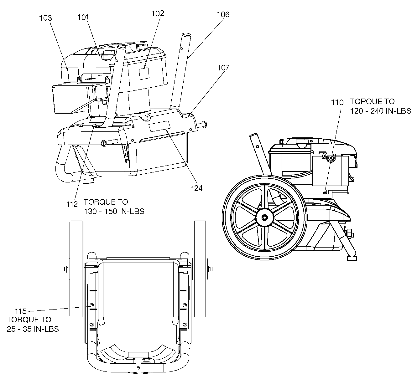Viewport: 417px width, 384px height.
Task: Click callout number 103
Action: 45,18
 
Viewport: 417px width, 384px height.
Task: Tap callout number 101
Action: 83,17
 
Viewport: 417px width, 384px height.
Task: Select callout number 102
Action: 158,13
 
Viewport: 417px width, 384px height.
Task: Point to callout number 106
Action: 223,14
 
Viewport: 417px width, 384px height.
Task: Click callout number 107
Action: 223,68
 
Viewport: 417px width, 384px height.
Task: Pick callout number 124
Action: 196,188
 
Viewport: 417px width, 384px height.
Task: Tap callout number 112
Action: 72,204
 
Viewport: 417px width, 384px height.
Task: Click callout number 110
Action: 337,103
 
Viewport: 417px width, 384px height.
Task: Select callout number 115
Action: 21,311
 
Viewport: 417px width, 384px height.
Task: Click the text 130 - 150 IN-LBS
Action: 114,211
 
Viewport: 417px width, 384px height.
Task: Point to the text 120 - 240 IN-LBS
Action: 380,111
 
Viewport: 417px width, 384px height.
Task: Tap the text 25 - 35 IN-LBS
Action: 33,329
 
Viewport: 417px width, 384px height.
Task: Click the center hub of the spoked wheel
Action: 264,218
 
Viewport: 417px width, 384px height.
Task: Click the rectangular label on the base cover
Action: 159,126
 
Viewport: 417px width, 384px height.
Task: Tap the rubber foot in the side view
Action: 352,259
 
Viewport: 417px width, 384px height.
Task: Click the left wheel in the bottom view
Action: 76,269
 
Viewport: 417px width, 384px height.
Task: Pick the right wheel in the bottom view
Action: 200,269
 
